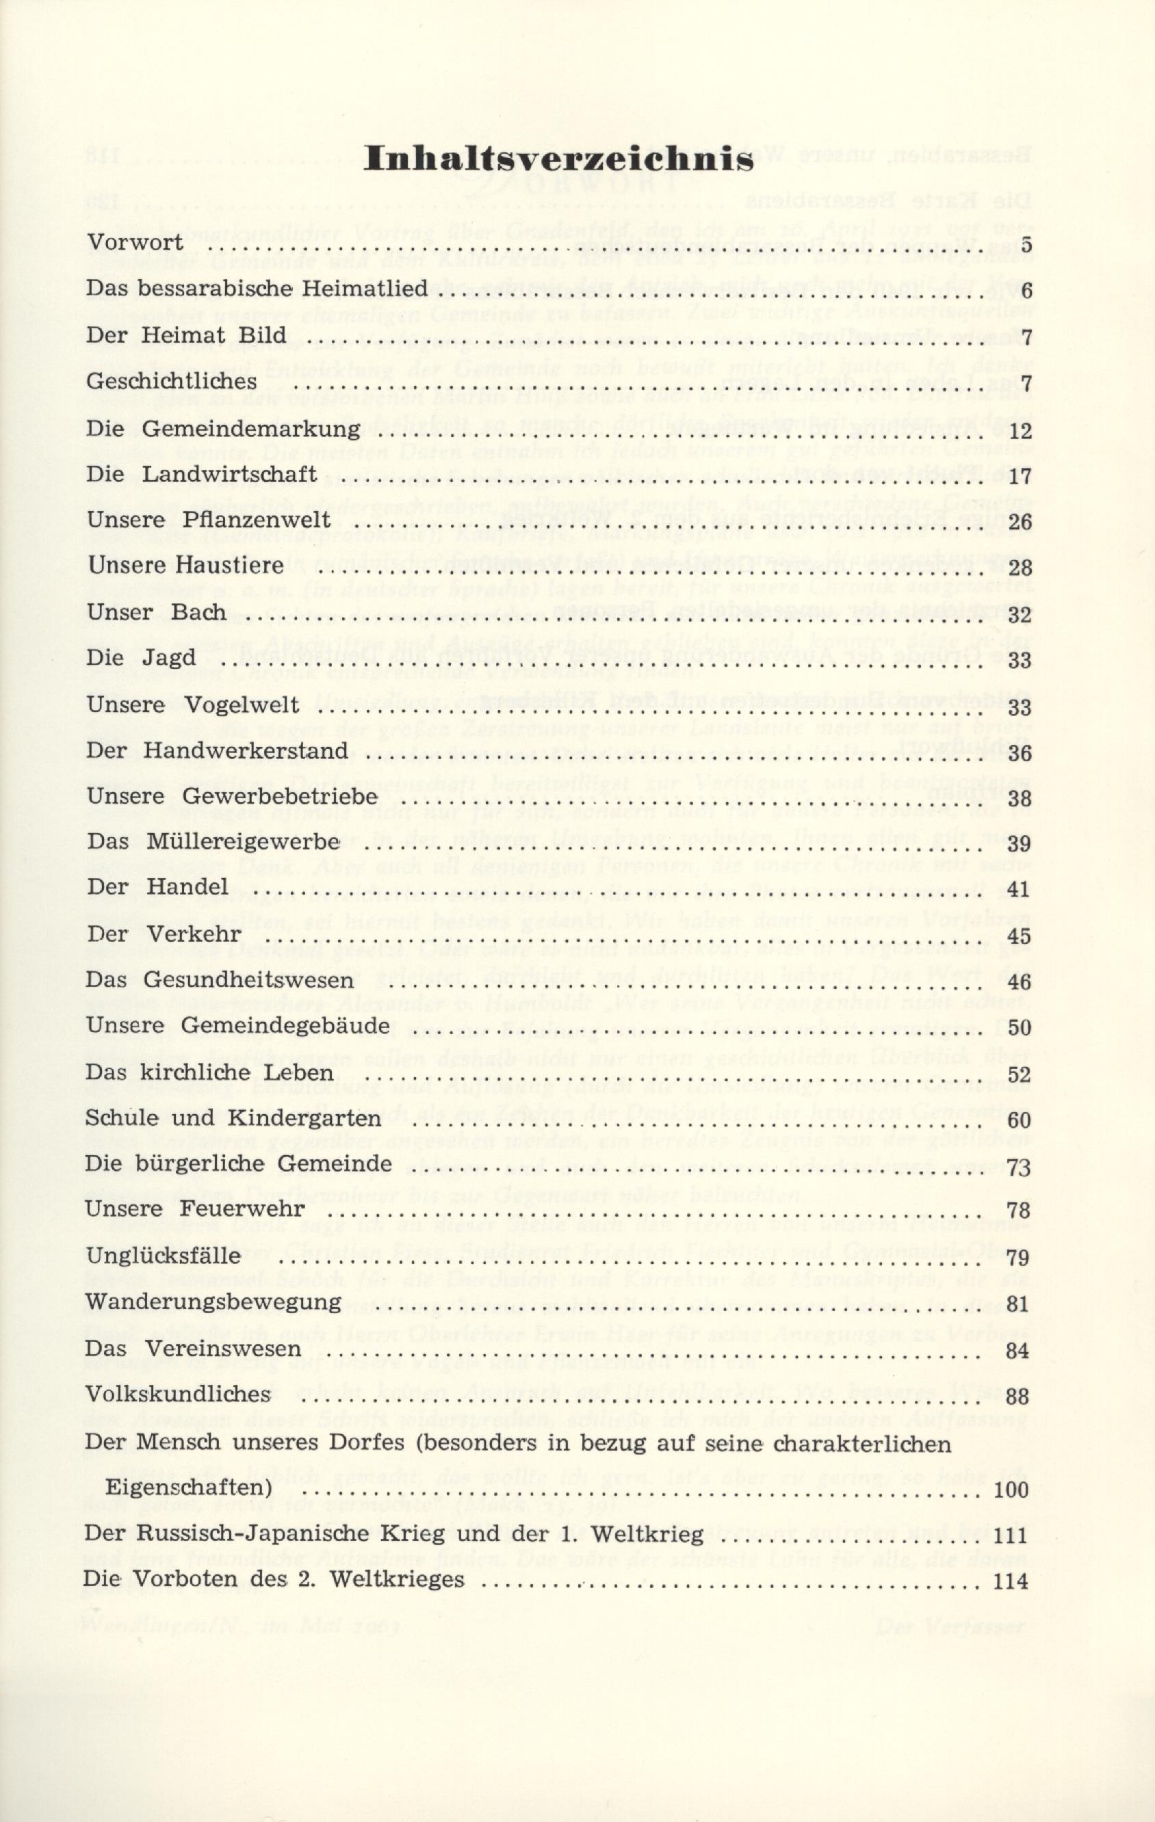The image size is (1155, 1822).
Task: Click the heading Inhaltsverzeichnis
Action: click(558, 159)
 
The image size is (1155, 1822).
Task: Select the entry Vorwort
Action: click(135, 243)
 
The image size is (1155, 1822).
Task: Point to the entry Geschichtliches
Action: click(171, 382)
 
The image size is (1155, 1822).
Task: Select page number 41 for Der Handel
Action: click(1020, 889)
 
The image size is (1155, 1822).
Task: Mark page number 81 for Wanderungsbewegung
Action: click(1019, 1304)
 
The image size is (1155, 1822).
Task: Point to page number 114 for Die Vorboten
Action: click(1013, 1787)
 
